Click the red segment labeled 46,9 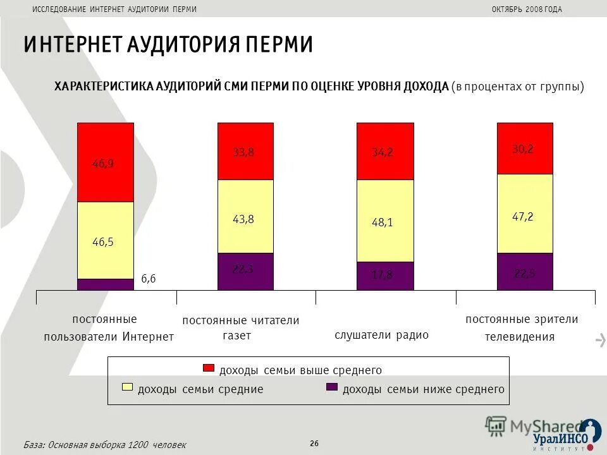click(x=106, y=162)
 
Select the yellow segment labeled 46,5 click(x=106, y=240)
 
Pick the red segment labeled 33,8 click(x=246, y=152)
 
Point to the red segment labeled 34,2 click(x=385, y=152)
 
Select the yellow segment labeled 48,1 click(x=385, y=221)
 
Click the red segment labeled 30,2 click(x=525, y=149)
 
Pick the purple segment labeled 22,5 click(x=525, y=272)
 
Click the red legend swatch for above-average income click(x=209, y=368)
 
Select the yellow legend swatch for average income click(x=127, y=387)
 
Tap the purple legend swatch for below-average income click(x=332, y=387)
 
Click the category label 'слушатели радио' click(x=381, y=335)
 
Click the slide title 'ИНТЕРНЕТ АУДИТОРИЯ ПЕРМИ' click(x=168, y=45)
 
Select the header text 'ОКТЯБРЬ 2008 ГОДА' click(x=526, y=9)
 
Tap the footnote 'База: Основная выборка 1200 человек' click(x=105, y=445)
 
